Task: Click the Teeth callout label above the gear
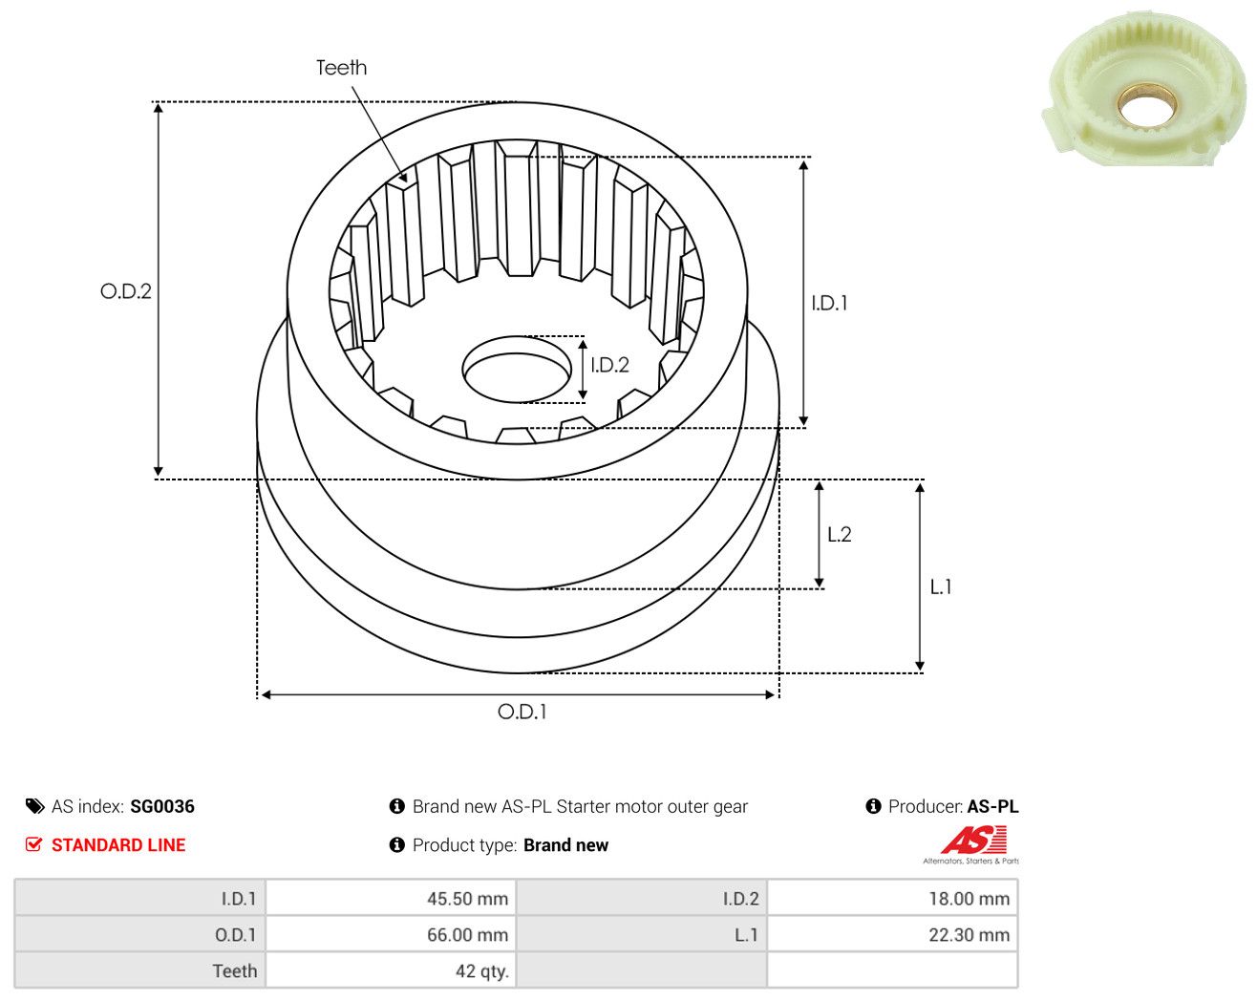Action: pos(341,68)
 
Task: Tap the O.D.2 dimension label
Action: pos(125,290)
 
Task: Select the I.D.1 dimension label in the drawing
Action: pos(829,303)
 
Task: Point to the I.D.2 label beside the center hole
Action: pos(609,366)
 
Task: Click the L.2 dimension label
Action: pos(840,534)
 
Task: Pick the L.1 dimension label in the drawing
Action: pos(941,586)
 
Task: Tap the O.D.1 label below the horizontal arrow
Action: pos(522,712)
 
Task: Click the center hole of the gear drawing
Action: pos(517,370)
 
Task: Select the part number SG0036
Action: pos(161,806)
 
